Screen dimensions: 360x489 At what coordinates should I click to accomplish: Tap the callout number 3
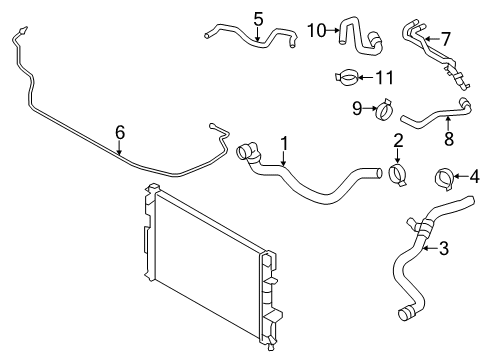coord(444,248)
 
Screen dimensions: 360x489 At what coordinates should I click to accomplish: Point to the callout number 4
coord(475,180)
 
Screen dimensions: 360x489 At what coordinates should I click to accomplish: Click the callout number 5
coord(258,18)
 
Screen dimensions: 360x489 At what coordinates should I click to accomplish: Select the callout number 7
coord(445,38)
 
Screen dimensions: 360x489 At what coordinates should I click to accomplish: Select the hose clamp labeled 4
coord(445,181)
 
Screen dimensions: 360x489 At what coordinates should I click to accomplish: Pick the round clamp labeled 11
coord(349,75)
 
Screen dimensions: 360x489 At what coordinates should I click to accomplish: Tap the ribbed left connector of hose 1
coord(246,153)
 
